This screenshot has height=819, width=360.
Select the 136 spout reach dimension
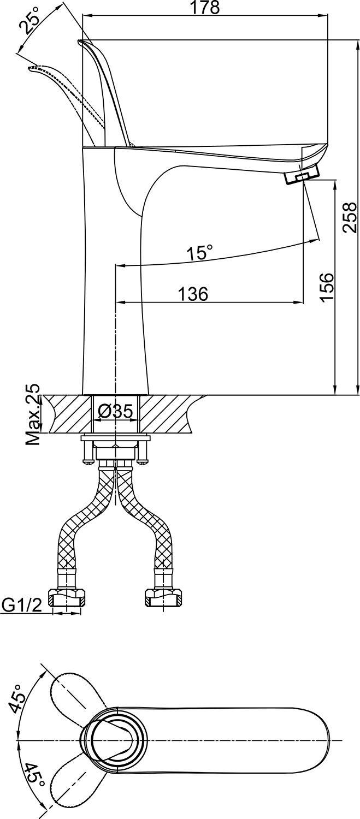pos(193,294)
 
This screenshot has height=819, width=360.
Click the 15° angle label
pos(199,253)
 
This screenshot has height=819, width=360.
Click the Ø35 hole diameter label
pos(116,412)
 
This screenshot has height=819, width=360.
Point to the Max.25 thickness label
pos(33,414)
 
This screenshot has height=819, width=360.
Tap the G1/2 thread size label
pos(22,606)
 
